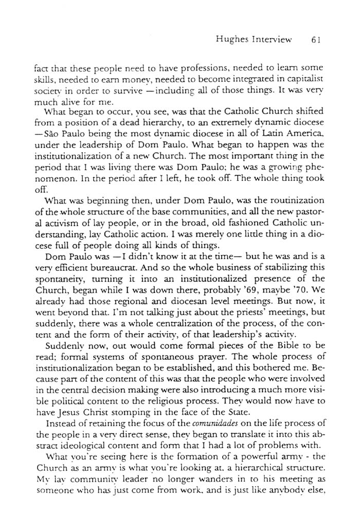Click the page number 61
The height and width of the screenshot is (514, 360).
[x=316, y=39]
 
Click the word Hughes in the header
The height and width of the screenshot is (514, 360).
[x=233, y=39]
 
